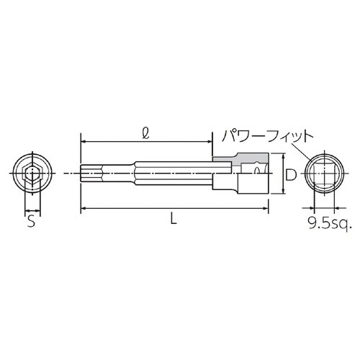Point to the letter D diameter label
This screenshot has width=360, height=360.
289,174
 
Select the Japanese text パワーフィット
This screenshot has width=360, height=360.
258,135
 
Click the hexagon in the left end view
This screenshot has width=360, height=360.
30,174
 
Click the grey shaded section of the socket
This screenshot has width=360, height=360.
241,156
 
